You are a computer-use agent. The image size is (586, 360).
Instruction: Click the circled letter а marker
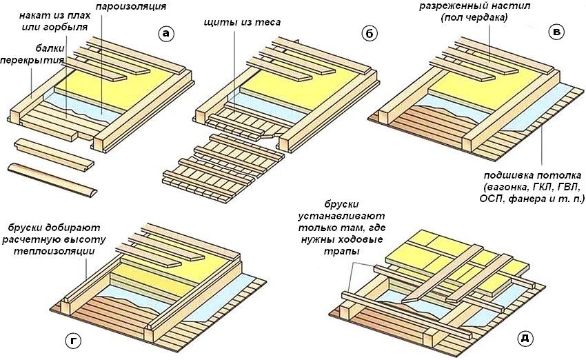(165, 34)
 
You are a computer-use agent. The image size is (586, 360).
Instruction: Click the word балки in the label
(48, 50)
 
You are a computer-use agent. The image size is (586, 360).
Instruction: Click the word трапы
(347, 252)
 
